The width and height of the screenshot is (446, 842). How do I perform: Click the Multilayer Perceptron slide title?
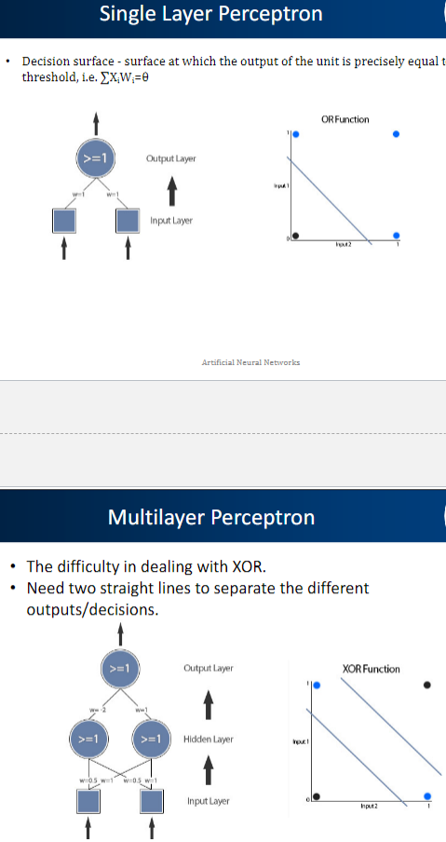(211, 517)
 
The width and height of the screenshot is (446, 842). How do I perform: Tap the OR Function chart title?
(345, 119)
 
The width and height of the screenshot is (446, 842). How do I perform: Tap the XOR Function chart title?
(371, 669)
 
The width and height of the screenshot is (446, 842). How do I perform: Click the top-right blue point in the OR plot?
(397, 134)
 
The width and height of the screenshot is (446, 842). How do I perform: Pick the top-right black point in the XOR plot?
(427, 685)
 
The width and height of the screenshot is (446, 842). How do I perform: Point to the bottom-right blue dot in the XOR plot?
(427, 796)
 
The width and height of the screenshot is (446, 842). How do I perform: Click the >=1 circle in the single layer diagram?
(95, 159)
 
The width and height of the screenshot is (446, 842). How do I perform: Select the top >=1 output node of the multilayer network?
(119, 668)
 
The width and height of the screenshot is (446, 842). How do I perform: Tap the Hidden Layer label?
(209, 739)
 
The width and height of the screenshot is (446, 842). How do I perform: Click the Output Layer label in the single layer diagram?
(171, 159)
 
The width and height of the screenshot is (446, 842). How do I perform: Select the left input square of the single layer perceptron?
(64, 219)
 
